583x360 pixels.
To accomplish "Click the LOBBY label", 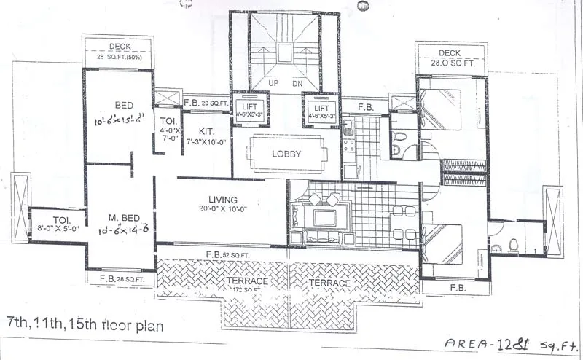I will coord(286,154).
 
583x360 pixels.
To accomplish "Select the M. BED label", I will coord(120,218).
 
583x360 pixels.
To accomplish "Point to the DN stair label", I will coord(298,83).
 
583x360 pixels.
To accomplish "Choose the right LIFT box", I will coord(321,109).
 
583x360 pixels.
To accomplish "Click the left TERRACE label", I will coord(246,281).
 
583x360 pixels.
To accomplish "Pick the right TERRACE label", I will coord(329,282).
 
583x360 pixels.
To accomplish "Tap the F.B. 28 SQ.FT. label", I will coord(120,278).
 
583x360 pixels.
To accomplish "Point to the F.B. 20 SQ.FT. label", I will coord(206,103).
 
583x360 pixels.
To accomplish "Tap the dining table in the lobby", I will coord(286,153).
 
